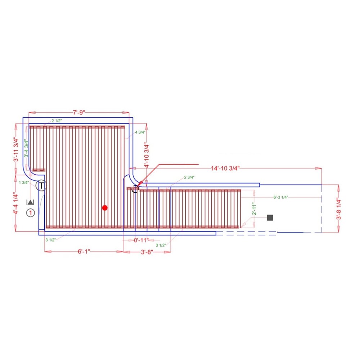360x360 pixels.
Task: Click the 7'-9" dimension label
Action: click(79, 112)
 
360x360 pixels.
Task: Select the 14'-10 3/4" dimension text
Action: click(225, 168)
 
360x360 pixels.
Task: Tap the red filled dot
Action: click(105, 208)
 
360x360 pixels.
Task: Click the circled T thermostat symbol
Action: click(41, 185)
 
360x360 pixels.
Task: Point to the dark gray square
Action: click(270, 217)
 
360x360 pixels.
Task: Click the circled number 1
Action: click(30, 213)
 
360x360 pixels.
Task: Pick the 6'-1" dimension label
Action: click(84, 252)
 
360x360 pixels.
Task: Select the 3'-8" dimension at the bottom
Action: click(147, 252)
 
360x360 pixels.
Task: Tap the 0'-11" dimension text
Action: click(141, 240)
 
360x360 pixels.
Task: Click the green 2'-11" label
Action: click(254, 209)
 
